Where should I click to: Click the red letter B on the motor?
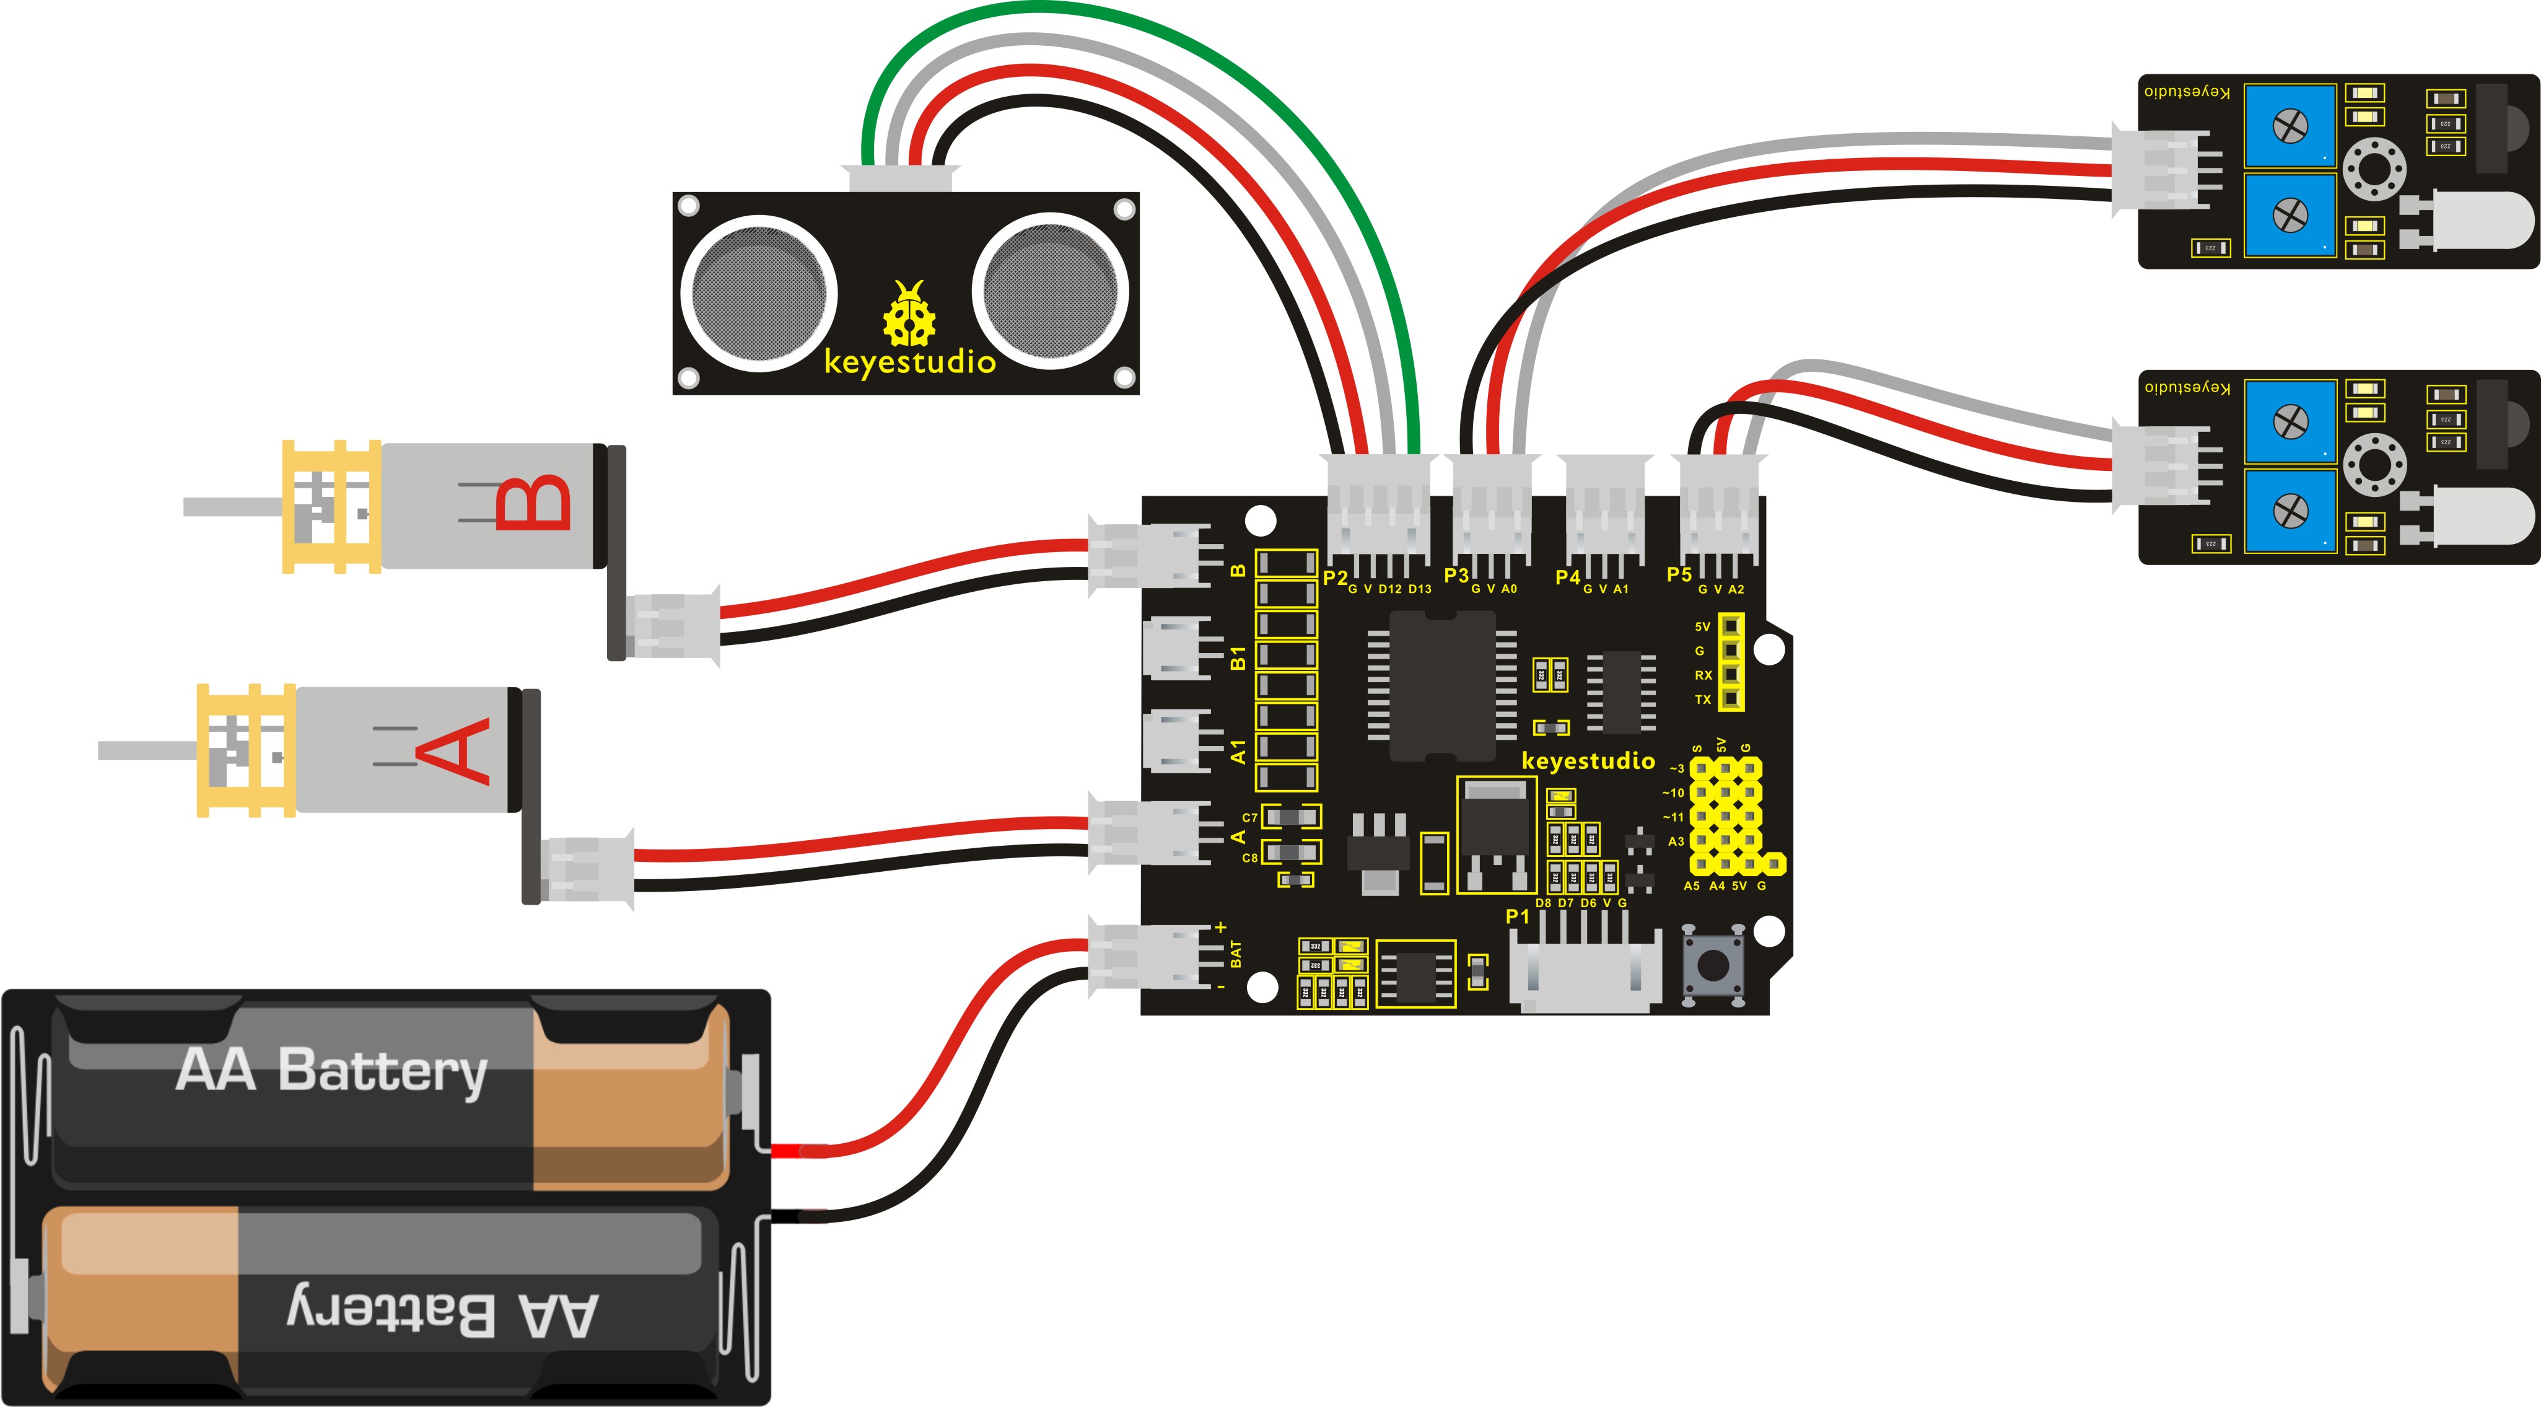coord(533,503)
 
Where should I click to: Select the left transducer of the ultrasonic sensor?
coord(759,292)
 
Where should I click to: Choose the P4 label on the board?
coord(1567,577)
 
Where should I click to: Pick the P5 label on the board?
coord(1679,575)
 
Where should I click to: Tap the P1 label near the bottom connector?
coord(1517,916)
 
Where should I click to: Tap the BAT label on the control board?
coord(1236,954)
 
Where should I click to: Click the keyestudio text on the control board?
coord(1587,761)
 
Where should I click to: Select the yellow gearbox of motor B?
coord(331,506)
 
